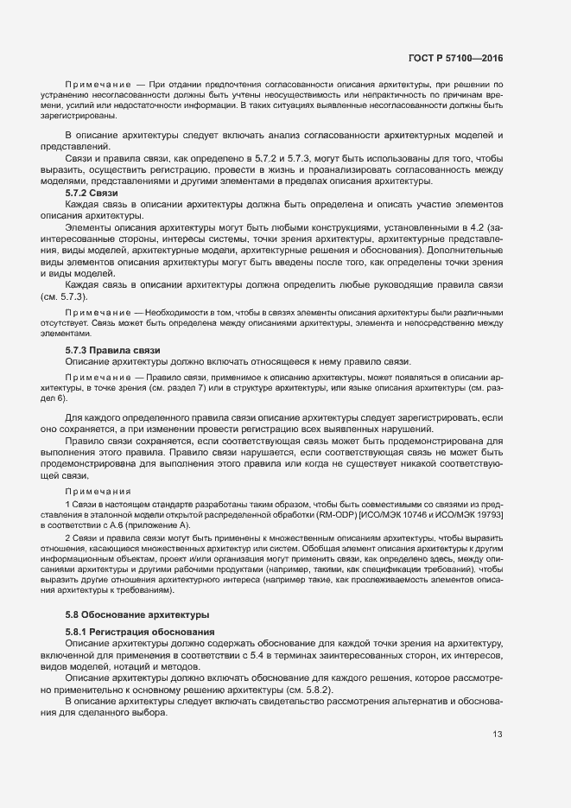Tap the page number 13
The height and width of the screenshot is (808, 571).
[498, 735]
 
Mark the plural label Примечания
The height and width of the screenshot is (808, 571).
[98, 490]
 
